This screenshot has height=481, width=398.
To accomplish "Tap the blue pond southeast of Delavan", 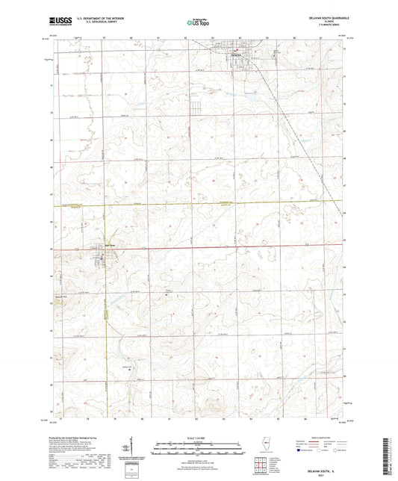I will point(252,95).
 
